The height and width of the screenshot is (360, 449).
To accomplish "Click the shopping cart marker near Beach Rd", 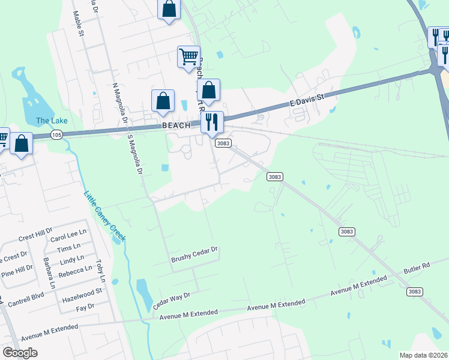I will point(188,58).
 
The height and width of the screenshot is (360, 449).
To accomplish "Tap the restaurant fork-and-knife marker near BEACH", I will point(212,123).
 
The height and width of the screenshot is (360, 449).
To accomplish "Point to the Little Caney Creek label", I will point(104,216).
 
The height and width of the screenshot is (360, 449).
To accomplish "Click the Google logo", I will point(20,353).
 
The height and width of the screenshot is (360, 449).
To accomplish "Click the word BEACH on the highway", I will point(176,125).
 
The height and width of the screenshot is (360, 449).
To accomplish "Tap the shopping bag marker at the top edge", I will point(169,10).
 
